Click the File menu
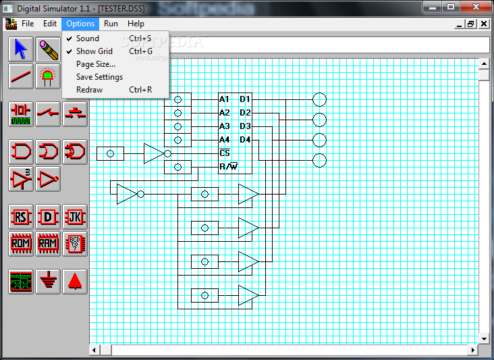click(28, 24)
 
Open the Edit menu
click(50, 24)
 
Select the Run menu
click(111, 24)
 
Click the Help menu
click(136, 24)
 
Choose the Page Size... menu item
click(96, 64)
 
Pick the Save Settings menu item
click(99, 77)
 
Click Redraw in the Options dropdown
click(89, 90)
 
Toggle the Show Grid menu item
click(94, 51)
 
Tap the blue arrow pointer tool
click(21, 49)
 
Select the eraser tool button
click(48, 49)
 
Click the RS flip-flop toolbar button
click(21, 217)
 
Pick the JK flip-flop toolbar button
click(75, 217)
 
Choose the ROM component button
click(21, 244)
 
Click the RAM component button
click(48, 244)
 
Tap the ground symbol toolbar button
click(48, 281)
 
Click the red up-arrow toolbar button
click(75, 281)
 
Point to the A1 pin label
click(224, 99)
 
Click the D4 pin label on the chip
click(245, 140)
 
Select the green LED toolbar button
click(48, 76)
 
